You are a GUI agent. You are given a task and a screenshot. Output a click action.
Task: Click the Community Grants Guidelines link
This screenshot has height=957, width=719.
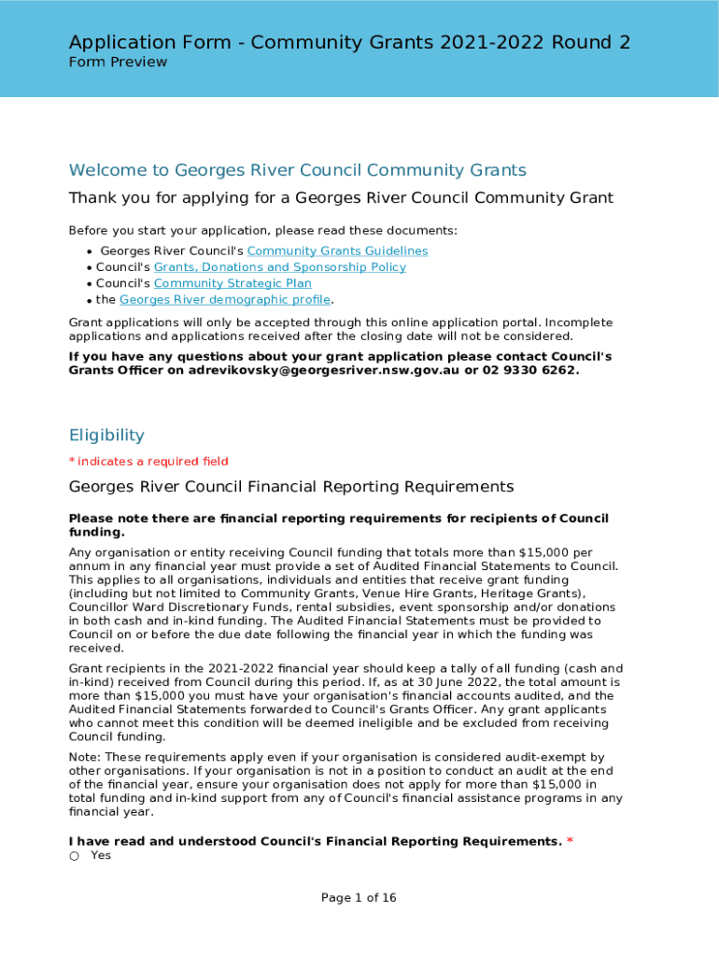(x=337, y=250)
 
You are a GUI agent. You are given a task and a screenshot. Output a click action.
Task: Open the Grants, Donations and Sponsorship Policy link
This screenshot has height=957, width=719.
(x=279, y=267)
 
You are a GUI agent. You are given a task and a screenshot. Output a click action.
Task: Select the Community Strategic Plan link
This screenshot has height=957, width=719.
(x=233, y=283)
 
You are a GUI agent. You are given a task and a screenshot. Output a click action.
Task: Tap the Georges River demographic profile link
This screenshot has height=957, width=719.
(x=225, y=300)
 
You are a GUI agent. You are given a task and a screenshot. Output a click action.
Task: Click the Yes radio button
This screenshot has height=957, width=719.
(x=75, y=856)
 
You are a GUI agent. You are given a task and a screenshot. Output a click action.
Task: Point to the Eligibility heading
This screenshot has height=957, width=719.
(x=106, y=436)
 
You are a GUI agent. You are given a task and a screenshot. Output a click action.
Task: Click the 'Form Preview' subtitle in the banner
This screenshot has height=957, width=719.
(x=118, y=63)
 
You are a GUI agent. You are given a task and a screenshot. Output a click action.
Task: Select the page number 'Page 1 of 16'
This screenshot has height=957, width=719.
(x=359, y=898)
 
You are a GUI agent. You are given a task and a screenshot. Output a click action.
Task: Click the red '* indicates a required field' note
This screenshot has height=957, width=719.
(x=148, y=462)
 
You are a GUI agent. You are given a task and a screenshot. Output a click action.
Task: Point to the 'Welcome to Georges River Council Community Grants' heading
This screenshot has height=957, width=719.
(x=298, y=170)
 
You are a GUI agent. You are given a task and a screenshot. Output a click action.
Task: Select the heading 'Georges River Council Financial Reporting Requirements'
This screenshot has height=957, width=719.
(x=291, y=487)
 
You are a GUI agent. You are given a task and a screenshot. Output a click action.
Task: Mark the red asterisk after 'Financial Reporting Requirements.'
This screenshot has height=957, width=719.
(x=570, y=842)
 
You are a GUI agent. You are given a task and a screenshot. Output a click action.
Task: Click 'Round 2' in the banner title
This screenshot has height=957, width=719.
(x=592, y=42)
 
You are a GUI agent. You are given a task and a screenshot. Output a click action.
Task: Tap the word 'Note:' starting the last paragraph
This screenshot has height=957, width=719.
(x=86, y=757)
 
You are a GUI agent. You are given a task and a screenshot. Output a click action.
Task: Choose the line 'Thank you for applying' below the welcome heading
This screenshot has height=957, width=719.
(x=341, y=198)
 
